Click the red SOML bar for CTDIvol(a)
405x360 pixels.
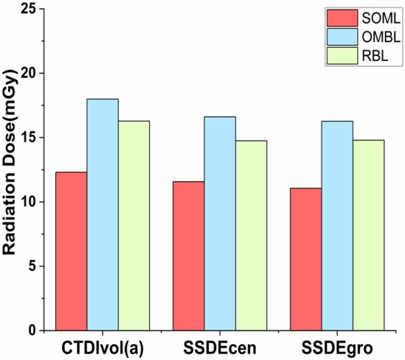(71, 251)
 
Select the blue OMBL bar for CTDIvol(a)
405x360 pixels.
(103, 215)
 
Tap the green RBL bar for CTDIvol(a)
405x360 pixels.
(134, 225)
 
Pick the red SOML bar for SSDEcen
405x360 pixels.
(189, 256)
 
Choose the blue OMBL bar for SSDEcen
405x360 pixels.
(220, 223)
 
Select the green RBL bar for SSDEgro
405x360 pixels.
(368, 235)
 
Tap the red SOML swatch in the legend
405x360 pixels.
(341, 19)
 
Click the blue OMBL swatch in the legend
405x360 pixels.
(341, 37)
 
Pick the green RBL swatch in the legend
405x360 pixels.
(341, 56)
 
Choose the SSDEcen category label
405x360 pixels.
(219, 348)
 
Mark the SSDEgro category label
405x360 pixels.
(337, 348)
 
